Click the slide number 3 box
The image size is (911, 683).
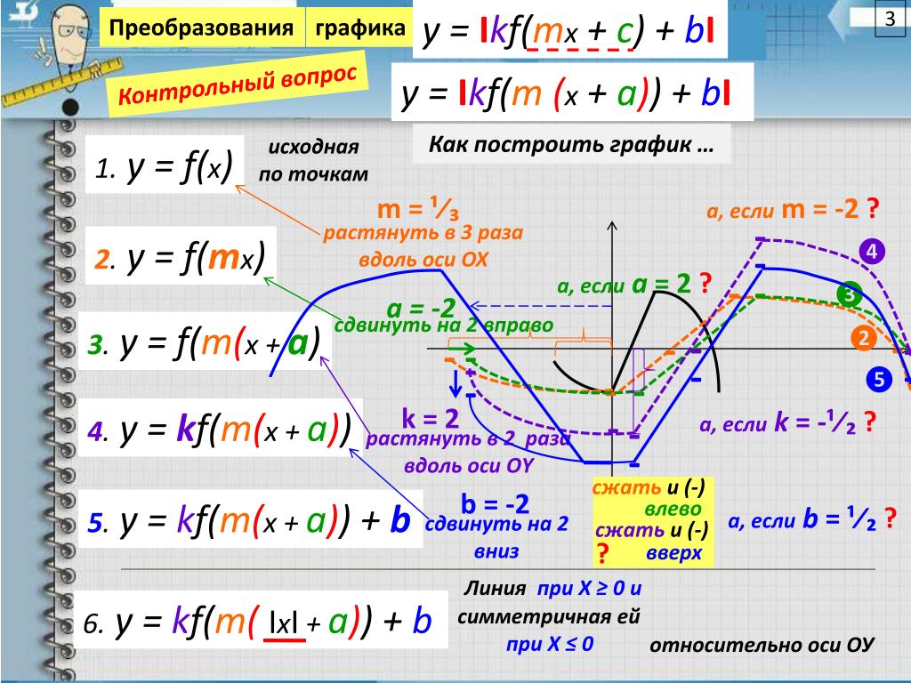tap(887, 20)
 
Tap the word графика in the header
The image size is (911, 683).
tap(358, 28)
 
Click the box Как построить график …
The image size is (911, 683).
tap(571, 144)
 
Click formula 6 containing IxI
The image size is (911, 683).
tap(258, 623)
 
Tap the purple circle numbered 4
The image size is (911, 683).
tap(871, 252)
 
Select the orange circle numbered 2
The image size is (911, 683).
tap(863, 338)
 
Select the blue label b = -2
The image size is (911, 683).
tap(495, 504)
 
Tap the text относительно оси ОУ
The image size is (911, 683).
tap(762, 645)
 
